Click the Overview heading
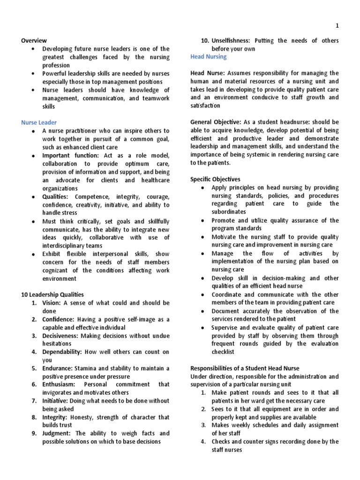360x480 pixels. tap(34, 41)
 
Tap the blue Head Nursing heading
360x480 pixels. tap(208, 57)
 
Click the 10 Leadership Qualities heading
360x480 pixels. tap(52, 295)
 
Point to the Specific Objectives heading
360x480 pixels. tap(215, 179)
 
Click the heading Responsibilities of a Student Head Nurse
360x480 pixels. tap(245, 368)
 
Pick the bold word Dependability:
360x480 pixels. tap(62, 352)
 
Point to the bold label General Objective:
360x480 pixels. tap(216, 122)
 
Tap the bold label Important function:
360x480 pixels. tap(70, 155)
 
